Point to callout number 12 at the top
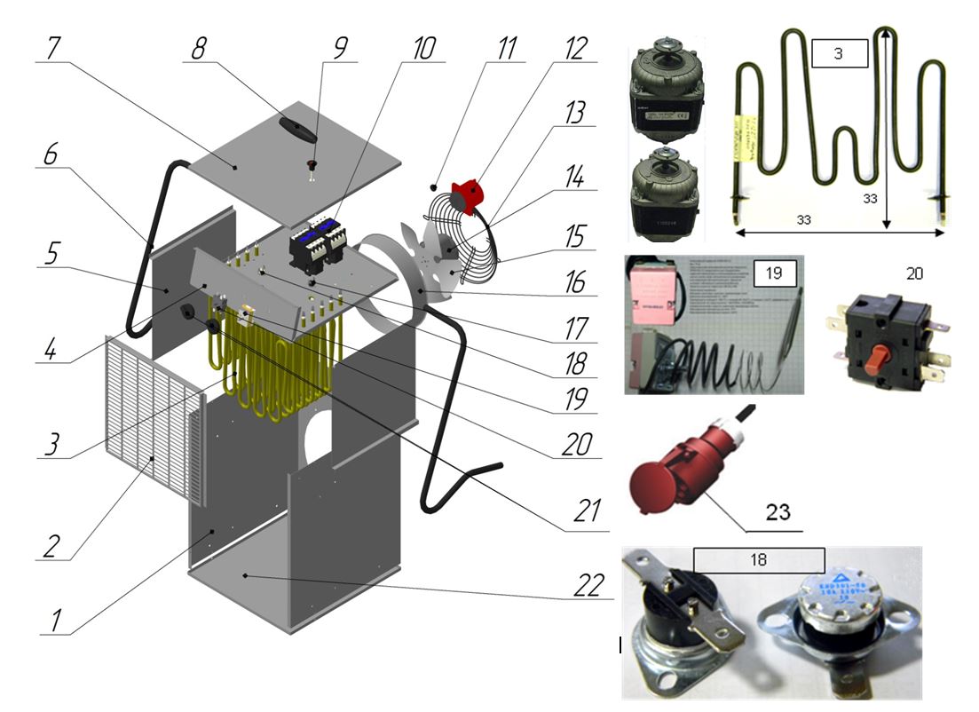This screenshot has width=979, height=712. pyautogui.click(x=577, y=48)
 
